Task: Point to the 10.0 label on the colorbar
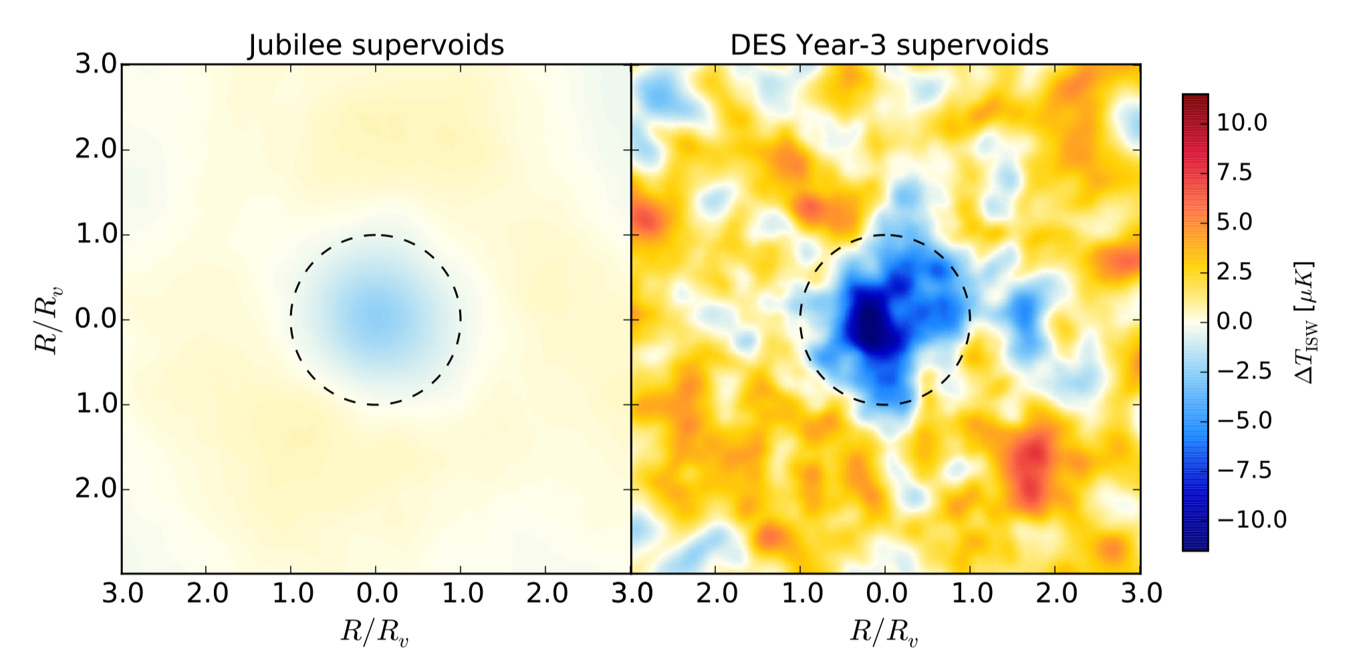[1241, 123]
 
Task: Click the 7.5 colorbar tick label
[1234, 172]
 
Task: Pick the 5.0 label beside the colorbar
[1234, 222]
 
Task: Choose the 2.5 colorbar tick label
[1234, 271]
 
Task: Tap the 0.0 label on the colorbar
[1234, 321]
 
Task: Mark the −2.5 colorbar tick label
[1244, 371]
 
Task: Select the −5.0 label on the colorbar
[1244, 420]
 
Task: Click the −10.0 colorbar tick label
[1251, 519]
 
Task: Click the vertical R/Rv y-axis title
[48, 319]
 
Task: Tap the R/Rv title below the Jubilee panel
[374, 632]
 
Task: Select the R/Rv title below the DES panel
[884, 632]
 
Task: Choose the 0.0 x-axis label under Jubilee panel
[376, 593]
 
